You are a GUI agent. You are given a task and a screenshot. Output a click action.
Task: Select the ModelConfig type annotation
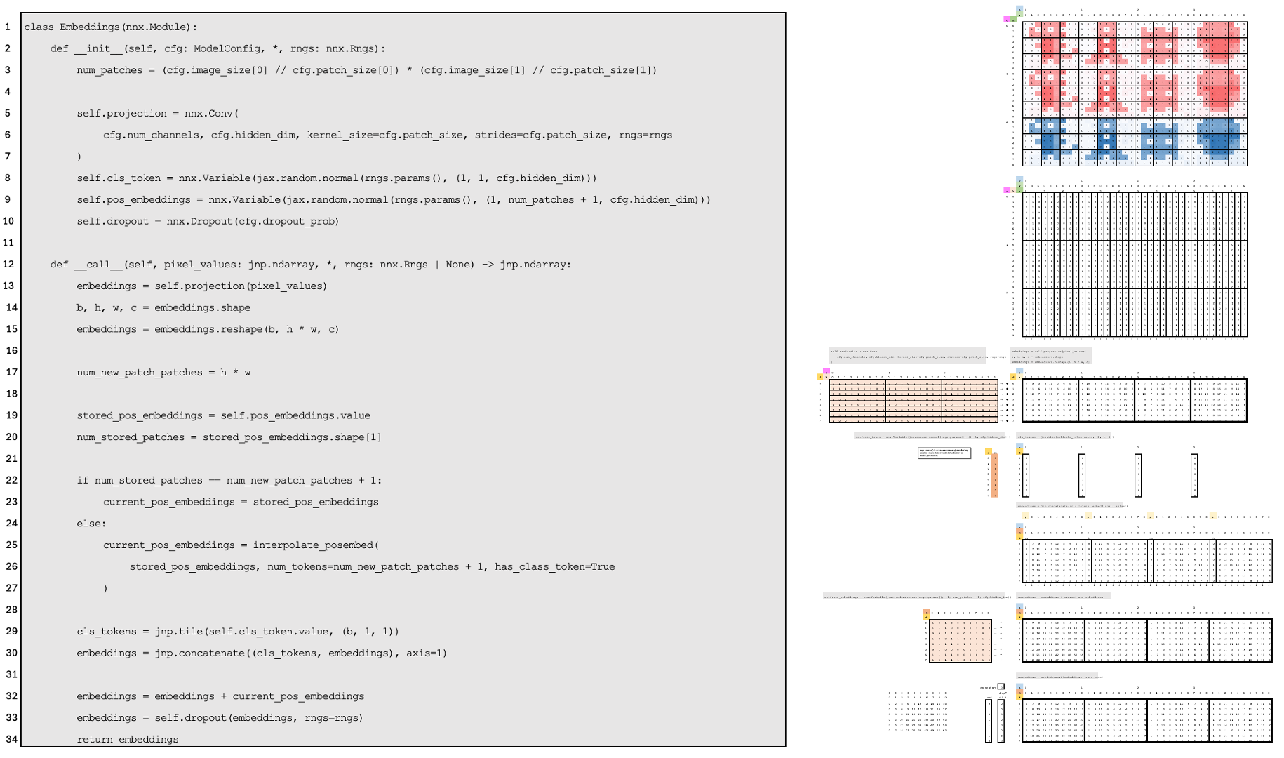coord(223,49)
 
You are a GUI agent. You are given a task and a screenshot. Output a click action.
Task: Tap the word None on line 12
coord(460,265)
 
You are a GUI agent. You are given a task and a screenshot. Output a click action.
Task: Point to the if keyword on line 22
coord(83,481)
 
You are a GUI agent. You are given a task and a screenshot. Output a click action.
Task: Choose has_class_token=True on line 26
coord(554,567)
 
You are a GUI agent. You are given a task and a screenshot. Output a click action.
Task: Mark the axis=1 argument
coord(424,653)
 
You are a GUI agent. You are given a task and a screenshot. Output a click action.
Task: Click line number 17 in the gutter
coord(11,373)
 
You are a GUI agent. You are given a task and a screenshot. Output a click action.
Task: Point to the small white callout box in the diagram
coord(944,453)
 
